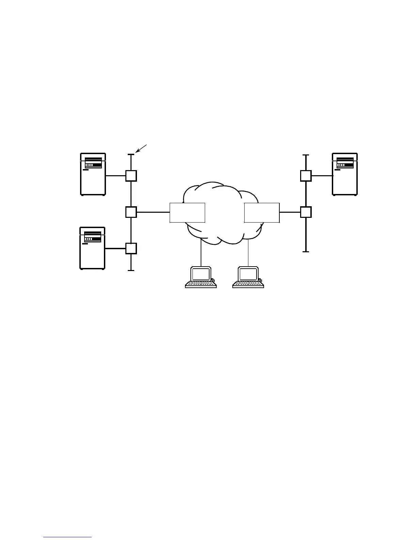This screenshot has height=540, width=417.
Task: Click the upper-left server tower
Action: click(x=93, y=174)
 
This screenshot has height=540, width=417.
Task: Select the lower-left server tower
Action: click(x=92, y=248)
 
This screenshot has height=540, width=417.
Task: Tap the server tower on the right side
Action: click(x=345, y=174)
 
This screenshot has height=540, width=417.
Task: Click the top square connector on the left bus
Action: click(x=131, y=176)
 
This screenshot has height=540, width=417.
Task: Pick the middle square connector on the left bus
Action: click(x=131, y=212)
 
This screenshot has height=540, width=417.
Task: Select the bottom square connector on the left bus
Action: click(x=131, y=249)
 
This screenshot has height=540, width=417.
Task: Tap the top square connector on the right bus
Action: click(x=306, y=176)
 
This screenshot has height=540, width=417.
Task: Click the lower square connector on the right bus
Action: click(x=306, y=212)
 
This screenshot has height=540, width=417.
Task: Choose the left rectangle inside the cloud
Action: click(x=187, y=213)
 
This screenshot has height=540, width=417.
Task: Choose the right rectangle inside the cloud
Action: click(x=262, y=213)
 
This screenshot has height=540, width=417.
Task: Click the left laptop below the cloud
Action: click(x=201, y=277)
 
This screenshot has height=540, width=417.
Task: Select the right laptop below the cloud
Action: click(x=248, y=277)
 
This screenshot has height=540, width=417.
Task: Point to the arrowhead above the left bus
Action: click(x=137, y=151)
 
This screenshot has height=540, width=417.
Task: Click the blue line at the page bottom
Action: click(x=67, y=538)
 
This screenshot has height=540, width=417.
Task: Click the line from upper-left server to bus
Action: click(x=115, y=176)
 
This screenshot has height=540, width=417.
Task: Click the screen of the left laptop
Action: click(x=201, y=274)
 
